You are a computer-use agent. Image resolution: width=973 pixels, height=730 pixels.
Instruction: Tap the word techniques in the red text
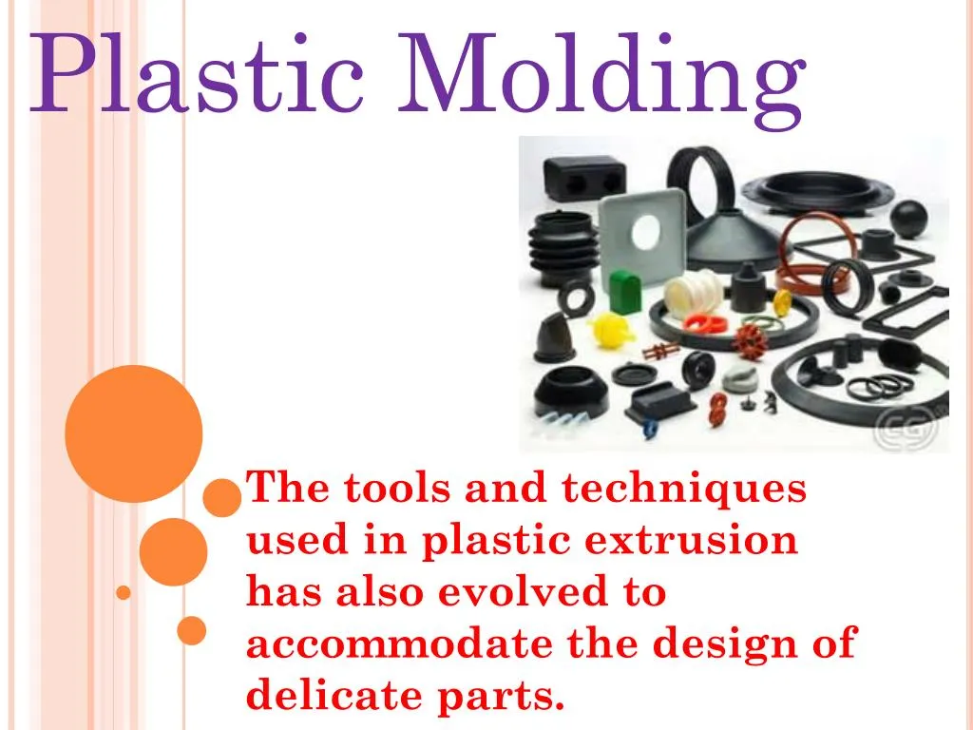(x=683, y=489)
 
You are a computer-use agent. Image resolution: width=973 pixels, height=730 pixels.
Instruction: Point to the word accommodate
(x=399, y=644)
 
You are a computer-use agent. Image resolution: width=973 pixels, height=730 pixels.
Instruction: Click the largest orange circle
(x=134, y=433)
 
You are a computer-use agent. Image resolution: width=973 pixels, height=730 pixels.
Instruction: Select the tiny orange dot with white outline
(x=123, y=593)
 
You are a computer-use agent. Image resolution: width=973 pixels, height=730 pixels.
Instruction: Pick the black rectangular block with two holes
(x=584, y=178)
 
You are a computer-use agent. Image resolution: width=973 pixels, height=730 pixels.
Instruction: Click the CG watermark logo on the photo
(x=905, y=429)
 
